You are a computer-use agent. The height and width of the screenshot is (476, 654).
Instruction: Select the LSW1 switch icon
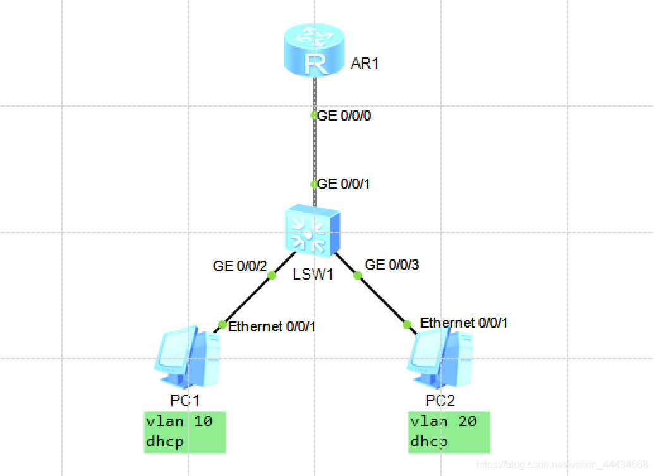coord(313,232)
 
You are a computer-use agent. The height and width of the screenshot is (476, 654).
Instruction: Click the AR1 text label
coord(365,64)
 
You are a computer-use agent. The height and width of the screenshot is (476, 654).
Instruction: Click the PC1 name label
coord(185,400)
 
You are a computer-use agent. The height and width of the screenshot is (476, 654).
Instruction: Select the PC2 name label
coord(440,400)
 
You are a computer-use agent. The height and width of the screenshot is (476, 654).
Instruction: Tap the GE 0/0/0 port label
coord(344,116)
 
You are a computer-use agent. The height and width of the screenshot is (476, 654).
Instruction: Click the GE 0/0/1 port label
coord(344,184)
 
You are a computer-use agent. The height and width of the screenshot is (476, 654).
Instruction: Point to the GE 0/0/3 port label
coord(392,265)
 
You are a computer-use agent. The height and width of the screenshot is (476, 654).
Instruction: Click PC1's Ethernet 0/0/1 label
coord(272,326)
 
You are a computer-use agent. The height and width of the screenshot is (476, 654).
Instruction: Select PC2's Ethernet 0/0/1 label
coord(464,323)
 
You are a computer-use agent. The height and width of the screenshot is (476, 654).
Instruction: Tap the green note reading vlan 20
coord(449,432)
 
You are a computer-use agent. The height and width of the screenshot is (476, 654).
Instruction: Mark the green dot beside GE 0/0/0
coord(314,116)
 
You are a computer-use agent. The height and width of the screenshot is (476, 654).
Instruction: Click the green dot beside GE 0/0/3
coord(358,275)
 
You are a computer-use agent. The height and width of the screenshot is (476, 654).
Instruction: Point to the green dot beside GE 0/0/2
coord(272,275)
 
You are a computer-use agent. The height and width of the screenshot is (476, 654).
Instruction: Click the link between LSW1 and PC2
coord(382,300)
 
